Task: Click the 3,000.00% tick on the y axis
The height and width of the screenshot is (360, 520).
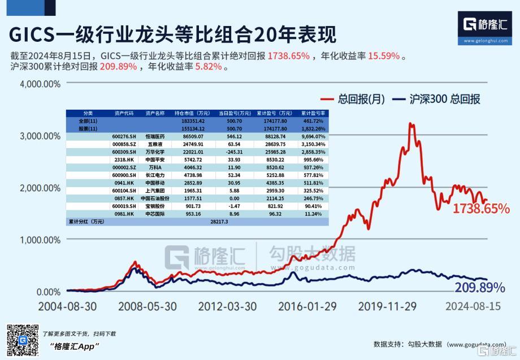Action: [x=40, y=136]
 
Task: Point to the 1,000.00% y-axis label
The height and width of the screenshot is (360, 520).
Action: [x=40, y=240]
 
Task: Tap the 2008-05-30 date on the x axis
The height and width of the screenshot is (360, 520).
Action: [x=147, y=306]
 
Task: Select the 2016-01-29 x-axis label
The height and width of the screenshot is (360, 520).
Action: [x=307, y=306]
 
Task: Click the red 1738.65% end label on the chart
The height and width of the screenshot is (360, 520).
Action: [x=481, y=209]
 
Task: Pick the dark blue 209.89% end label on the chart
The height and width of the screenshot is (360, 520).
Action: [x=479, y=287]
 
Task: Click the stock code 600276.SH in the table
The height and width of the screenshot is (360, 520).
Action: [x=123, y=136]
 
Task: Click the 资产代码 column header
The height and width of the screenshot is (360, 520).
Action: [x=123, y=113]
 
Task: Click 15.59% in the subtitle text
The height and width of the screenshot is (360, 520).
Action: [x=384, y=56]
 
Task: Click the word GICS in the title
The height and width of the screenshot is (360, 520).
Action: [x=32, y=35]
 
